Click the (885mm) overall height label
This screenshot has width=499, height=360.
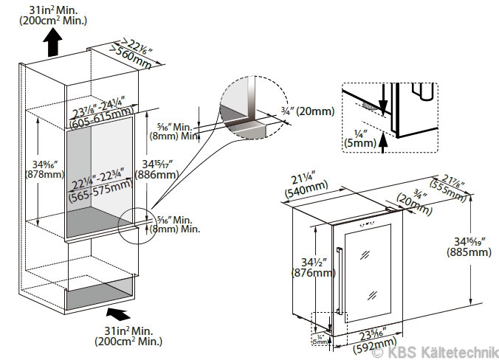click(468, 253)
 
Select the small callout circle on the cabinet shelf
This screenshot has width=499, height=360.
click(136, 224)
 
